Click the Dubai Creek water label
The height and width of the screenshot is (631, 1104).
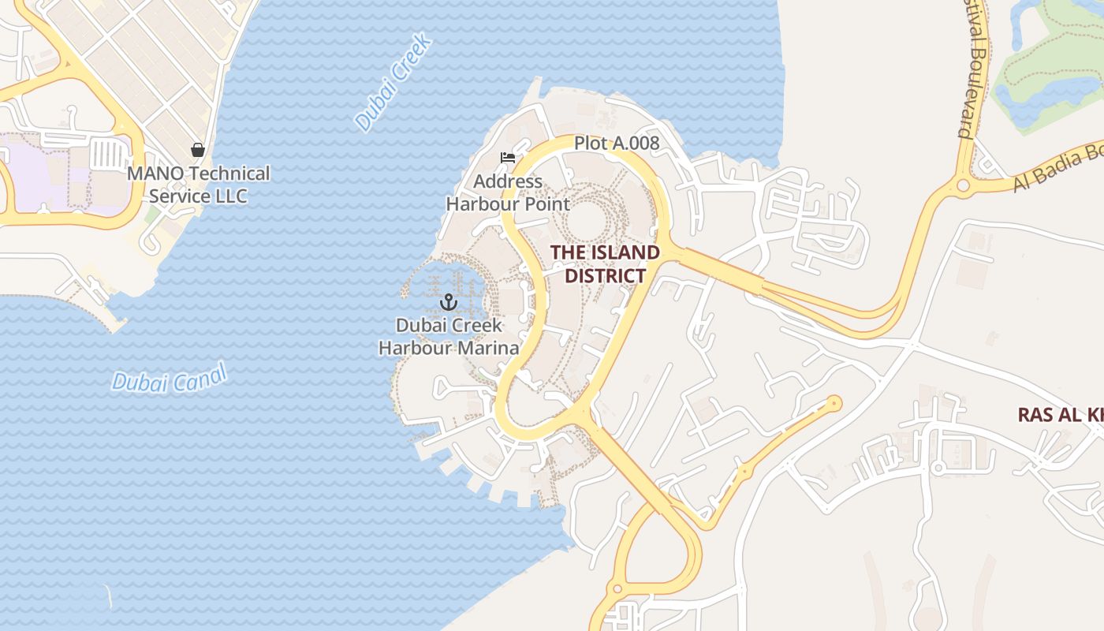[x=393, y=82]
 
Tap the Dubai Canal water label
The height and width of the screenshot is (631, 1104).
[x=169, y=378]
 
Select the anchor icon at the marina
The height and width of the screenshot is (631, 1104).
[x=448, y=302]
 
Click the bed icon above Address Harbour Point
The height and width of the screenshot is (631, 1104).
[x=508, y=158]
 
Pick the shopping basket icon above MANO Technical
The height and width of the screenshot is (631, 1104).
[x=198, y=150]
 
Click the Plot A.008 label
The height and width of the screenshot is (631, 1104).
[x=616, y=143]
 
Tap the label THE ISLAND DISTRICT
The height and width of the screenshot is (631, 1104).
[x=605, y=264]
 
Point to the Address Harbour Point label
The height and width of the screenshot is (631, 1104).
[x=507, y=192]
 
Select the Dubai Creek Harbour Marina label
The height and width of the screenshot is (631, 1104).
[x=448, y=336]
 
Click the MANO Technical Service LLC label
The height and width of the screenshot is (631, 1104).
[x=198, y=185]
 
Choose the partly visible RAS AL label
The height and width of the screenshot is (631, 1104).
[x=1059, y=415]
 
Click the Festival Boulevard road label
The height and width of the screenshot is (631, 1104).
[x=968, y=71]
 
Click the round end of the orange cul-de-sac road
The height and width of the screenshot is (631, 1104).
[x=834, y=404]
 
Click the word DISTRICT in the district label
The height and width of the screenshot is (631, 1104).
[x=605, y=276]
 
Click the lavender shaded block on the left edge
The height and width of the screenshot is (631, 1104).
[x=32, y=174]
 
